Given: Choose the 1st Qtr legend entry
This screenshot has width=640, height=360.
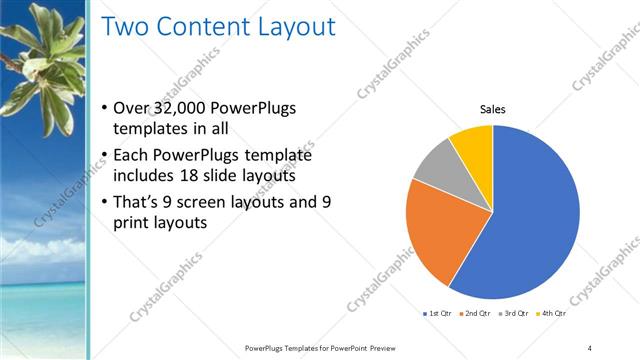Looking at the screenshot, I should click(438, 313).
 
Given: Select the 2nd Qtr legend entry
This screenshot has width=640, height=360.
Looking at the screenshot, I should click(475, 313).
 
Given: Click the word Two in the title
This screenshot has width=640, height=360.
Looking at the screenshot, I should click(123, 27).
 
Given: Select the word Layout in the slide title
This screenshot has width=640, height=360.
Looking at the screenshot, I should click(290, 27).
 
